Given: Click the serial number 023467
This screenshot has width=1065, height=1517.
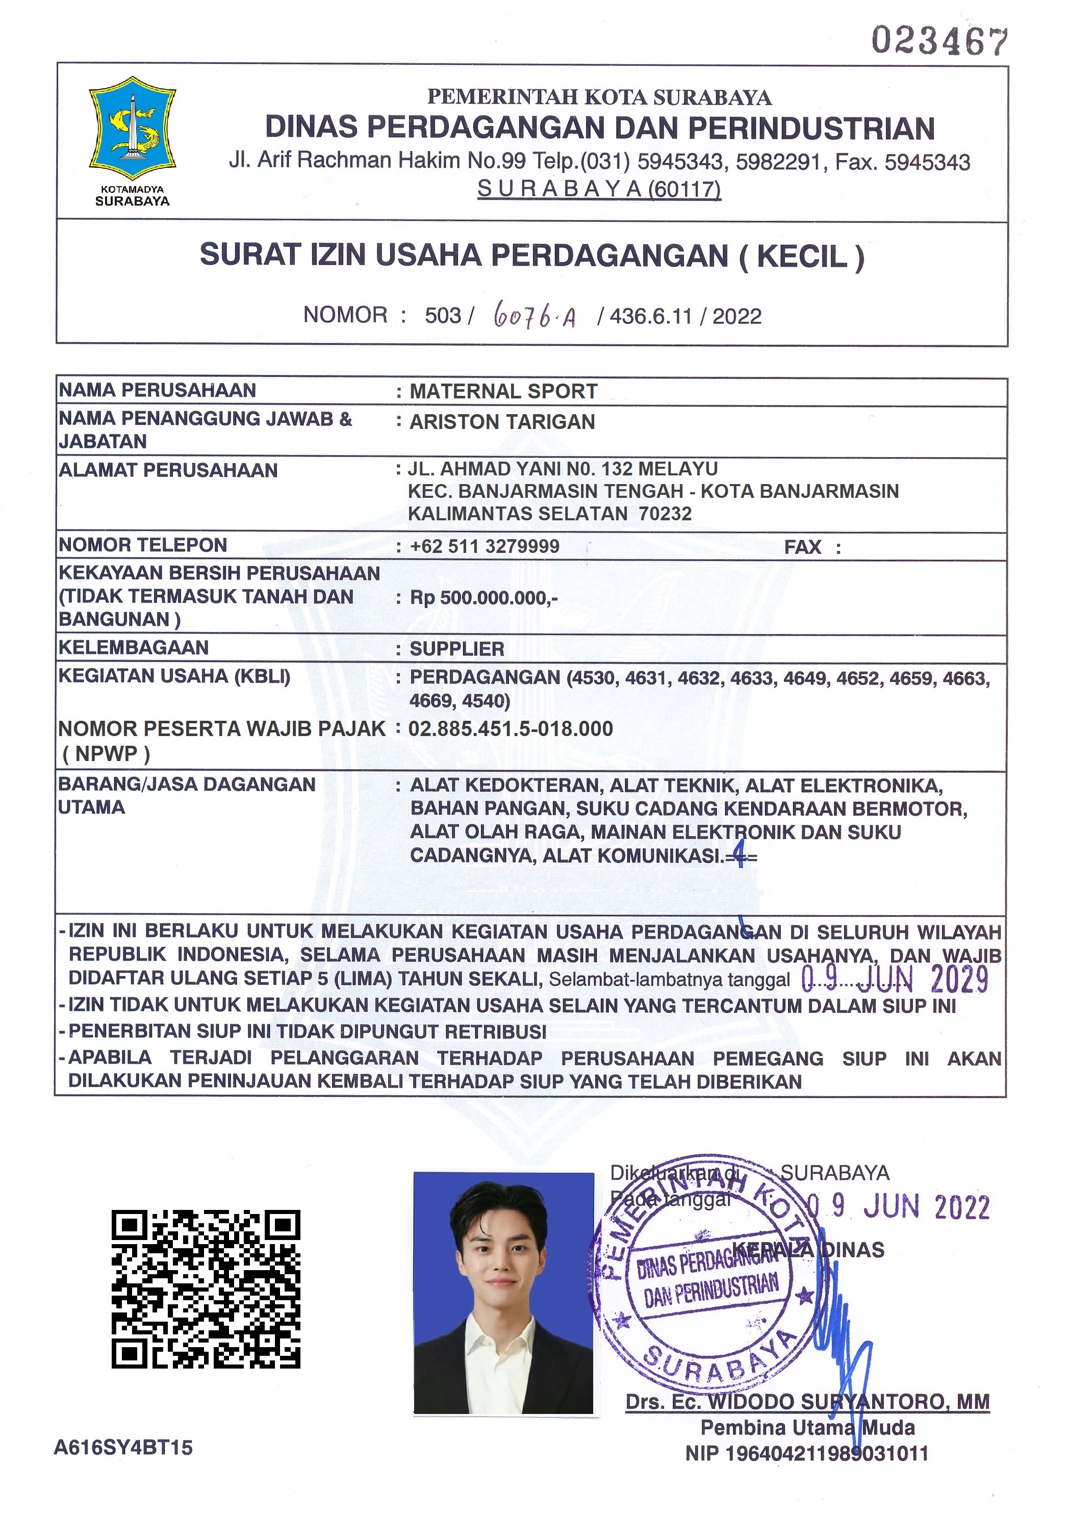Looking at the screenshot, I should [x=939, y=41].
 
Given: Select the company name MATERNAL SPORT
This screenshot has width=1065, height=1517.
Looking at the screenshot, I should [x=503, y=391].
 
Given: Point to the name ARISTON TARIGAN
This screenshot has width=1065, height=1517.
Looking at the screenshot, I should [x=502, y=421].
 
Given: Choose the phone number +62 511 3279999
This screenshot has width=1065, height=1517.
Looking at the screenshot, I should [x=484, y=546].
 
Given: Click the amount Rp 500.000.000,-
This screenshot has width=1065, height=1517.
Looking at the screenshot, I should [x=484, y=598].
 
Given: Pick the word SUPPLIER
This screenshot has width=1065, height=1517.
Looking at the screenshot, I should [x=457, y=649].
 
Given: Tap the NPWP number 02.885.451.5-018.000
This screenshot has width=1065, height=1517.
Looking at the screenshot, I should [x=511, y=729].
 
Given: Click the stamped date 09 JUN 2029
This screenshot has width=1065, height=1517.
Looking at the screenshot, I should [x=895, y=979].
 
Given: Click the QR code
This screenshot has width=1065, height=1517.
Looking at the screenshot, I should [x=206, y=1289].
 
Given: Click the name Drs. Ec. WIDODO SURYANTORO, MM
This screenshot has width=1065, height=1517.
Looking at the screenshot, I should [x=807, y=1401].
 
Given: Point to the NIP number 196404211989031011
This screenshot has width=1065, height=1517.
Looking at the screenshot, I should [x=807, y=1454].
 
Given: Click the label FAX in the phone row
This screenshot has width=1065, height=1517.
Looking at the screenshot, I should [x=802, y=547].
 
